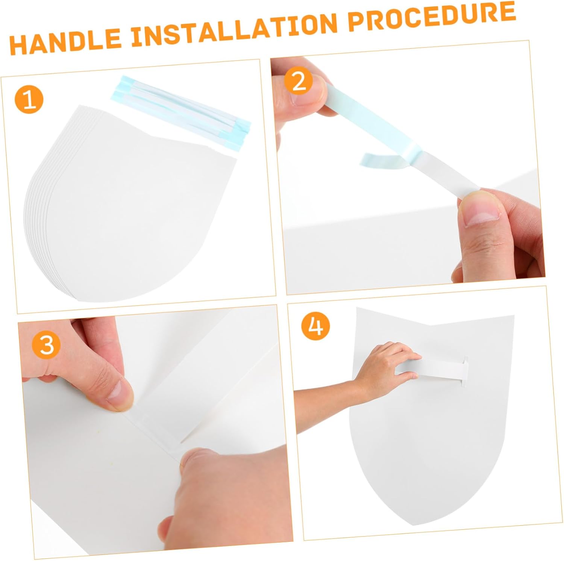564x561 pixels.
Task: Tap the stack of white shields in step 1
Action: pos(130,203)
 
